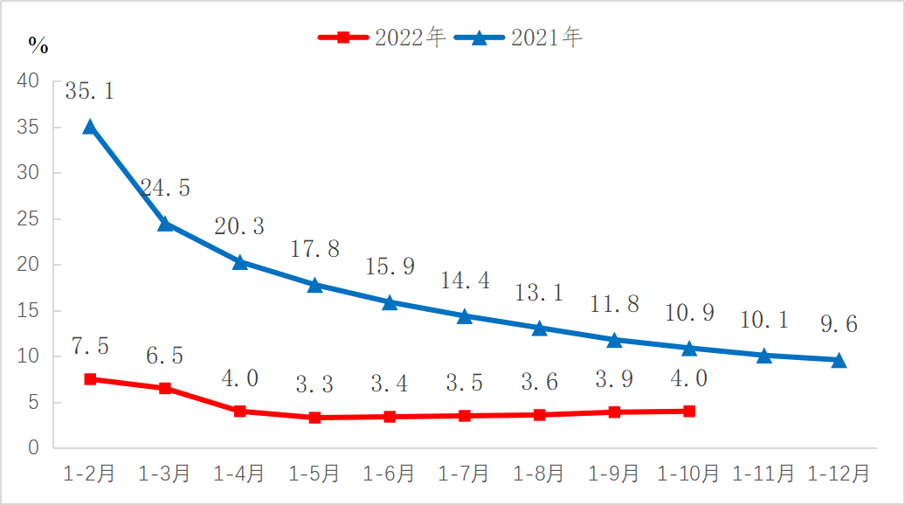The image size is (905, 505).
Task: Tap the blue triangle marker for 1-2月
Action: click(x=90, y=127)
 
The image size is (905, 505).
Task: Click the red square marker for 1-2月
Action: click(x=90, y=379)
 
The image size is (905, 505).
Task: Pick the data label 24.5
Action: click(x=165, y=188)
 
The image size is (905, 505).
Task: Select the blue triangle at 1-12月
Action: click(x=839, y=360)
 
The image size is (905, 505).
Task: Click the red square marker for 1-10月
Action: click(x=689, y=411)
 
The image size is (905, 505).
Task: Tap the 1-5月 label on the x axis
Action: click(x=314, y=474)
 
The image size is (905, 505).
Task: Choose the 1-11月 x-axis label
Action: click(x=763, y=474)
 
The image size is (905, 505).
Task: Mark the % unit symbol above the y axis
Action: click(x=38, y=44)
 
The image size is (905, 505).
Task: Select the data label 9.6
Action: click(x=839, y=325)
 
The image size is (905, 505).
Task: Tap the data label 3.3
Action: click(x=314, y=383)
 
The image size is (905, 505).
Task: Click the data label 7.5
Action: click(x=90, y=346)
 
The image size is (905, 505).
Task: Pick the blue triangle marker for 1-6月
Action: click(x=390, y=303)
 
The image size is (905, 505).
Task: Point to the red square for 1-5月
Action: click(x=314, y=418)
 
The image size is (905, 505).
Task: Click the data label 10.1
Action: click(x=763, y=321)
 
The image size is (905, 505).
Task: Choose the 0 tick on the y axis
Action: click(x=34, y=448)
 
